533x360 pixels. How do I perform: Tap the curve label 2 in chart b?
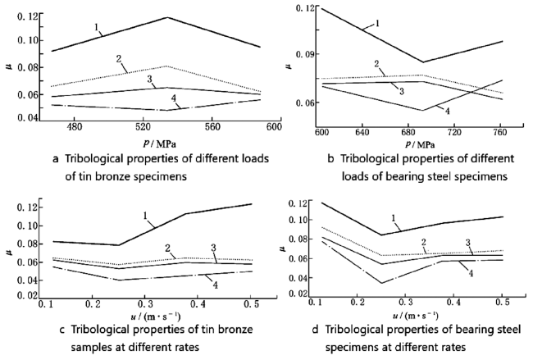click(x=376, y=64)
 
